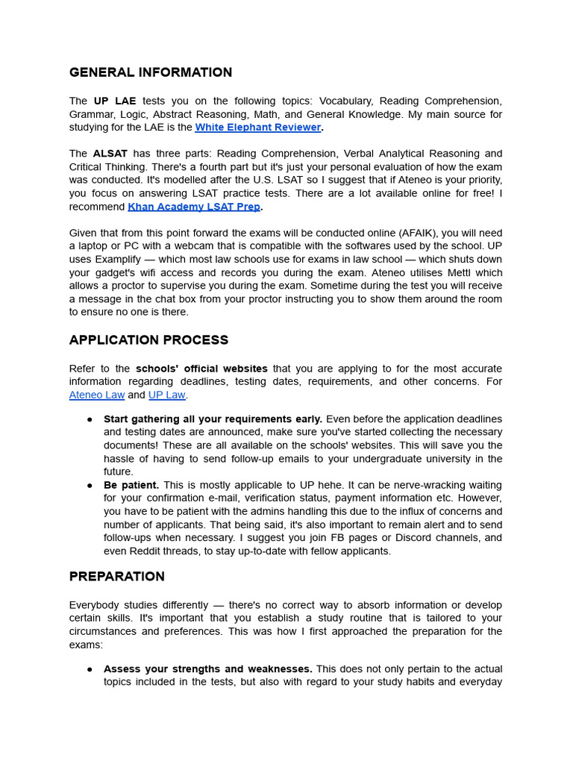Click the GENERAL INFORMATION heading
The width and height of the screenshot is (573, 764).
pyautogui.click(x=150, y=72)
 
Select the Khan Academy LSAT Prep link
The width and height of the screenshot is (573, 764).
pyautogui.click(x=194, y=207)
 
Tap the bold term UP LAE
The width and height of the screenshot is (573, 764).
pyautogui.click(x=114, y=101)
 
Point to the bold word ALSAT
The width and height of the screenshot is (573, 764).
pyautogui.click(x=110, y=154)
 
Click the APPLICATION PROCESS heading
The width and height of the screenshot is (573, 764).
pyautogui.click(x=148, y=340)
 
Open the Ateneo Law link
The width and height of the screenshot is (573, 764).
pyautogui.click(x=97, y=395)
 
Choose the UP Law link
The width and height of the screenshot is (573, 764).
pyautogui.click(x=166, y=395)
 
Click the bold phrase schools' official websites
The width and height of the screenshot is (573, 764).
pyautogui.click(x=201, y=369)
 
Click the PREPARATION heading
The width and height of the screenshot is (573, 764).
pyautogui.click(x=116, y=577)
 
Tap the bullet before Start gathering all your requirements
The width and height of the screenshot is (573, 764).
pyautogui.click(x=90, y=419)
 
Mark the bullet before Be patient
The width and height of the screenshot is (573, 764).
pyautogui.click(x=90, y=486)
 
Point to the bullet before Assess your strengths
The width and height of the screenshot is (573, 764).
pyautogui.click(x=90, y=669)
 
